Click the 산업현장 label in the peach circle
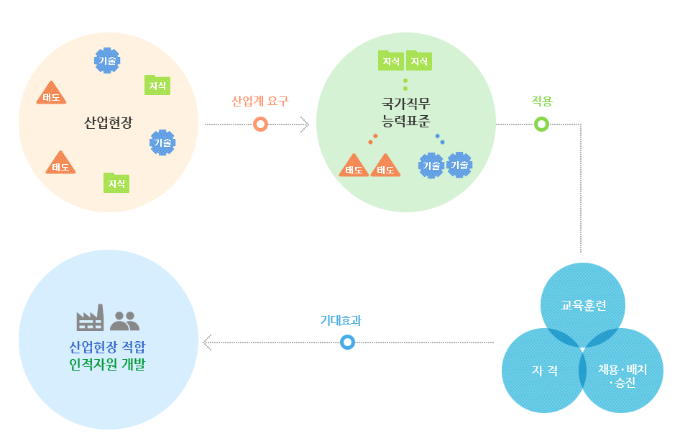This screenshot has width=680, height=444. point(109,122)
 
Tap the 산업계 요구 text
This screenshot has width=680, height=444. point(259,101)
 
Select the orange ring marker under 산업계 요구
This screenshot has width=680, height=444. point(261,124)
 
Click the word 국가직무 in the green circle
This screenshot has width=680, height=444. point(405,101)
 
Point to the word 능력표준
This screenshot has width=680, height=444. point(405,117)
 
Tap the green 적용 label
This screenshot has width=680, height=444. point(542,101)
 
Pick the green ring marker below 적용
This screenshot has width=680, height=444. point(542,124)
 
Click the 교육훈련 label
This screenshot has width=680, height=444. point(583,304)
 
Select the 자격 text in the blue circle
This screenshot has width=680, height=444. point(544,371)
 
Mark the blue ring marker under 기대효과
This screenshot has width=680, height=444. point(347,343)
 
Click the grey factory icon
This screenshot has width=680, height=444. point(91,318)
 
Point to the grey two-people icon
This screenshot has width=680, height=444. point(125,320)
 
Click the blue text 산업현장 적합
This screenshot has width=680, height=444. point(109,346)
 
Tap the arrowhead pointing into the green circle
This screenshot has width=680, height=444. point(304,124)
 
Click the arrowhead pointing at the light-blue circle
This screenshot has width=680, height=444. point(207,343)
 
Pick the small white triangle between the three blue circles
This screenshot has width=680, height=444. point(582,350)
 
